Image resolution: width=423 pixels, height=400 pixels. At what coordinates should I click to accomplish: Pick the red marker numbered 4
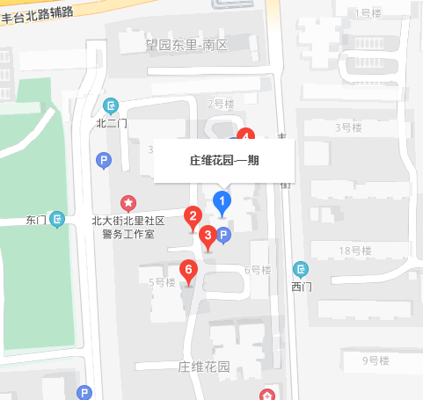pyautogui.click(x=247, y=136)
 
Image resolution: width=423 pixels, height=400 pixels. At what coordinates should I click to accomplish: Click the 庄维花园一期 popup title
pyautogui.click(x=223, y=161)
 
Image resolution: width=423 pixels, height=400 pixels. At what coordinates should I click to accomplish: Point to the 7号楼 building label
pyautogui.click(x=221, y=104)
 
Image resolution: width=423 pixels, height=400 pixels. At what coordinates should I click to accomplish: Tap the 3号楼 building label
pyautogui.click(x=348, y=127)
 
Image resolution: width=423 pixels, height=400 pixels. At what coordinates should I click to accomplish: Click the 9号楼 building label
pyautogui.click(x=376, y=360)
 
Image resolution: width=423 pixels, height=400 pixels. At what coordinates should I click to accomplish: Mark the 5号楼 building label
pyautogui.click(x=162, y=282)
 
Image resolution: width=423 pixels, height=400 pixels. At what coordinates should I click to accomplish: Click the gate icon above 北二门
pyautogui.click(x=111, y=105)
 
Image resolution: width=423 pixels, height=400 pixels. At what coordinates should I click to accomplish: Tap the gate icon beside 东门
pyautogui.click(x=57, y=219)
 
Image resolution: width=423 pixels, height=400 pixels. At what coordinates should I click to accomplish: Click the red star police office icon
pyautogui.click(x=128, y=203)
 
